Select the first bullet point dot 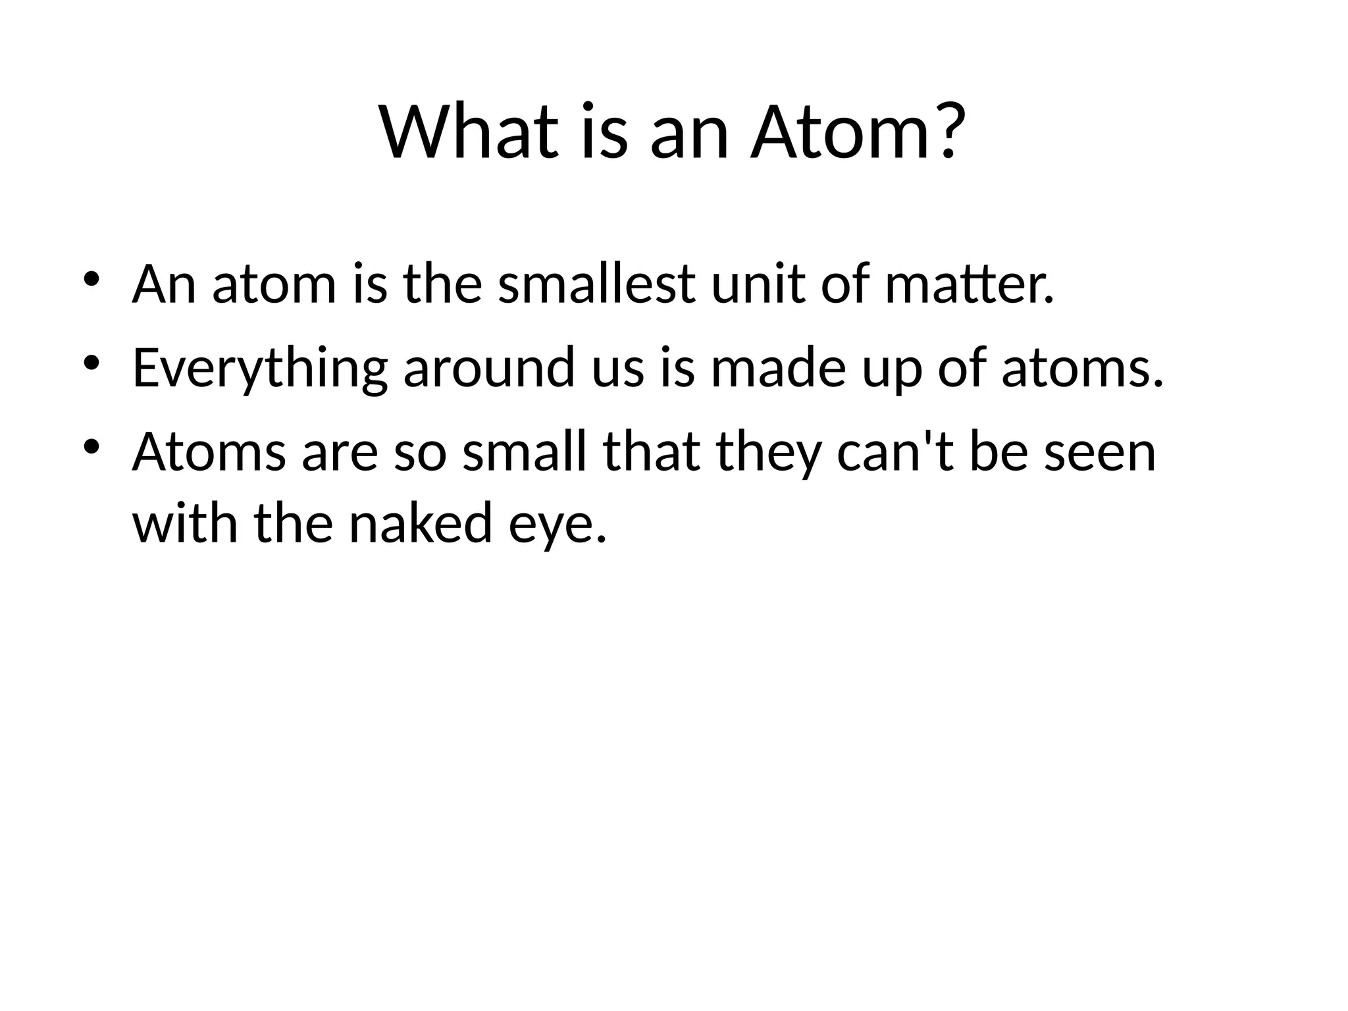click(x=91, y=278)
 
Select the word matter click(x=969, y=284)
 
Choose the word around click(x=490, y=369)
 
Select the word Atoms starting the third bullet click(x=209, y=453)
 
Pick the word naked click(x=421, y=524)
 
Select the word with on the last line click(x=185, y=524)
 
